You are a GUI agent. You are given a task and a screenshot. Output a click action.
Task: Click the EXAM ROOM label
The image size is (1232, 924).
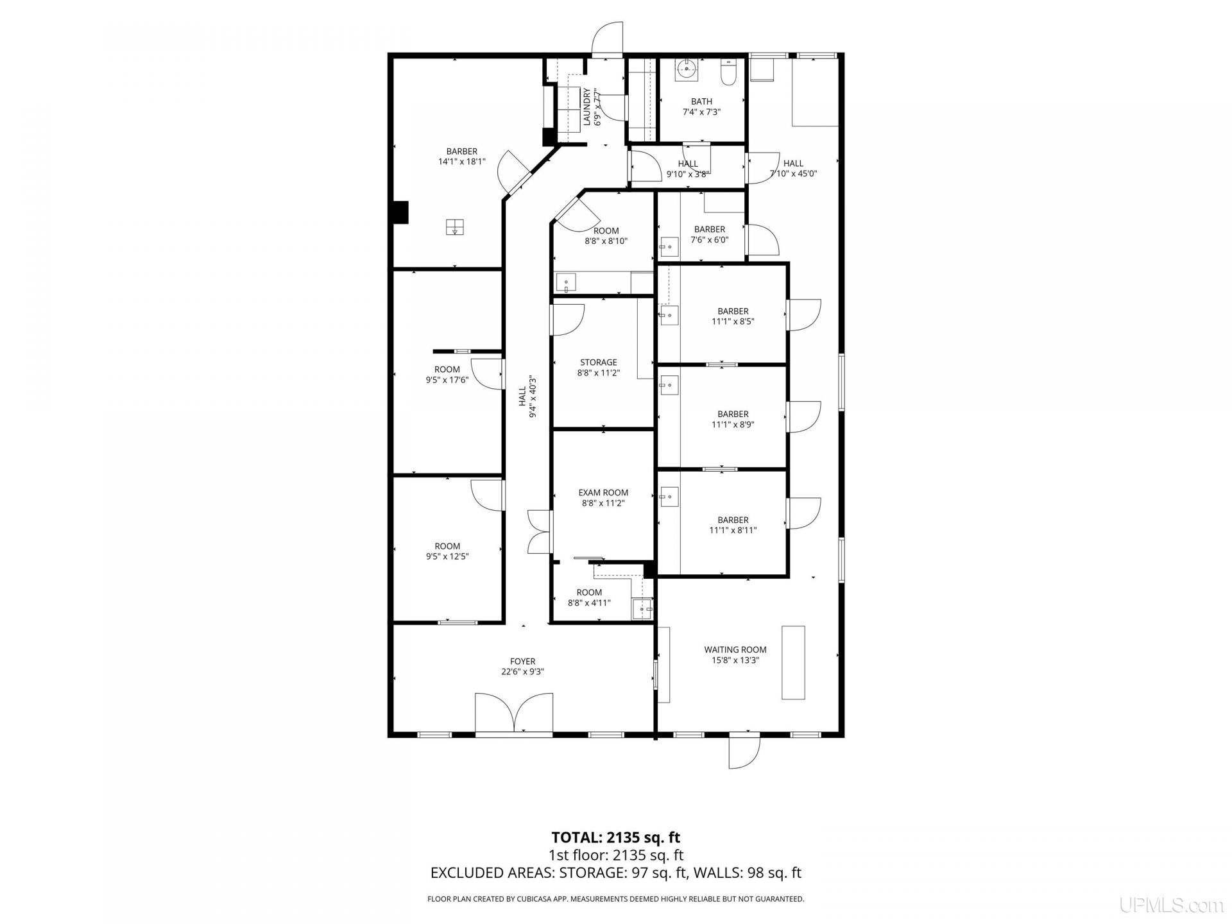click(603, 493)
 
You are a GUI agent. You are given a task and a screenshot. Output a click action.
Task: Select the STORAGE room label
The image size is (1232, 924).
click(599, 363)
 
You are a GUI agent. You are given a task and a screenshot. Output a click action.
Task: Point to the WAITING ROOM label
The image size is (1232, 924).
click(735, 649)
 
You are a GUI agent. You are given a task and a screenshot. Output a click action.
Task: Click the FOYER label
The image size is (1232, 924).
click(523, 662)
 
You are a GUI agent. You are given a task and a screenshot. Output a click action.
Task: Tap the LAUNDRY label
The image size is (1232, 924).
click(586, 107)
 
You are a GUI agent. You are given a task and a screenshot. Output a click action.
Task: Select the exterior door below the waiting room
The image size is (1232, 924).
click(744, 750)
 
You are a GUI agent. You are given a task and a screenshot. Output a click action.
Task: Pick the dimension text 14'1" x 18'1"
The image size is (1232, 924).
click(462, 162)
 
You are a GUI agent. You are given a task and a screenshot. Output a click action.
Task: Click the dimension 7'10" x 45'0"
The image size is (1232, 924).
click(794, 173)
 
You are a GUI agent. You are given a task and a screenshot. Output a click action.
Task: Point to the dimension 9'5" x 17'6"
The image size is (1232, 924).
click(447, 379)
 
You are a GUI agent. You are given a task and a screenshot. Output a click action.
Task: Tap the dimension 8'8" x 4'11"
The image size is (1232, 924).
click(589, 603)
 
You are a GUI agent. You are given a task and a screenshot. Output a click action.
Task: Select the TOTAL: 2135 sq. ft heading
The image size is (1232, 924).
click(616, 837)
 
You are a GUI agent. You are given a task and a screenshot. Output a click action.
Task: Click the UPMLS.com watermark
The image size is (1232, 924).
click(1172, 905)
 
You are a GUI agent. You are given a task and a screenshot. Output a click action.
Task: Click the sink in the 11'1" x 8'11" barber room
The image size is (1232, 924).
click(669, 495)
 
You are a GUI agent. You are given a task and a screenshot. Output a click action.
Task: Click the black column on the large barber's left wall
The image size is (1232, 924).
click(400, 212)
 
